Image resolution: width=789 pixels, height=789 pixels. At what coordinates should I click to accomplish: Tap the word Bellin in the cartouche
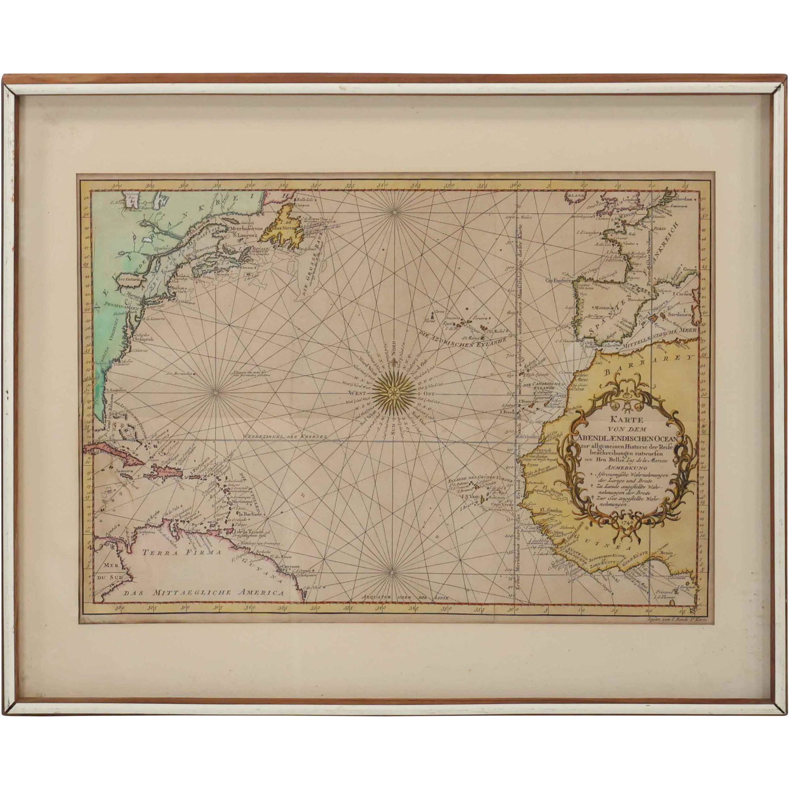point(617,460)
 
